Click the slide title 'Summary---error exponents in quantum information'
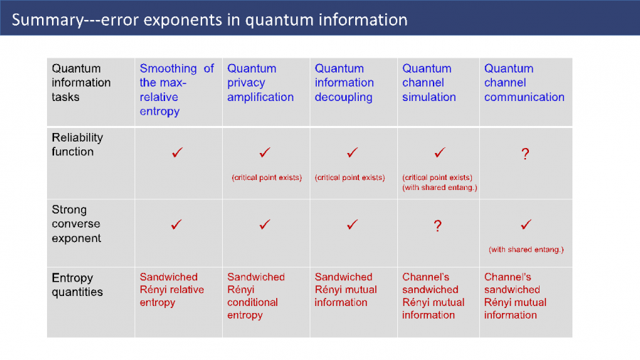(209, 20)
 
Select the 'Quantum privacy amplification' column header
(261, 83)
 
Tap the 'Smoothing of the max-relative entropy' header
(177, 90)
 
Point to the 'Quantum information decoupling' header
(344, 83)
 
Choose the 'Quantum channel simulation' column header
(429, 83)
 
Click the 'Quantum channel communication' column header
(524, 83)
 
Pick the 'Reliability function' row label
(77, 144)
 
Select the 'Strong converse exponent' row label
(76, 224)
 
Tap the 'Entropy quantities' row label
(77, 285)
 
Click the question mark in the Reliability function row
(525, 154)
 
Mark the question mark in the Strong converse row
(438, 226)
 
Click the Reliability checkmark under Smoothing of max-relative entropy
(177, 152)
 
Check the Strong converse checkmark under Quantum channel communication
(526, 224)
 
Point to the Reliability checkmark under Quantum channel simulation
(439, 152)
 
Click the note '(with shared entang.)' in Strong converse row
(526, 250)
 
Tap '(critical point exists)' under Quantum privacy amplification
(267, 178)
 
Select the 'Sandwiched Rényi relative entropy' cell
(172, 290)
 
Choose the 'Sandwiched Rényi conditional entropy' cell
(256, 296)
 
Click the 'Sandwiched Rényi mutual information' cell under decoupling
(346, 290)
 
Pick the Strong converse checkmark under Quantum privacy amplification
(265, 224)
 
